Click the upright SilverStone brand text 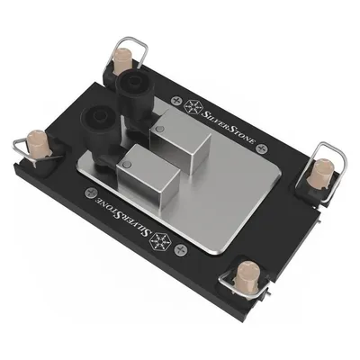pos(229,127)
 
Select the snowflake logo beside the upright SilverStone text pos(192,106)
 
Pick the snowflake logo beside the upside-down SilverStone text pos(160,241)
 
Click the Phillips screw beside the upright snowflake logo pos(176,100)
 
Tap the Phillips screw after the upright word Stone pos(263,148)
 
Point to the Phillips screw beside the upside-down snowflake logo pos(181,249)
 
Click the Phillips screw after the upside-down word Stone pos(90,193)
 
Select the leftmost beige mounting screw pos(38,143)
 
